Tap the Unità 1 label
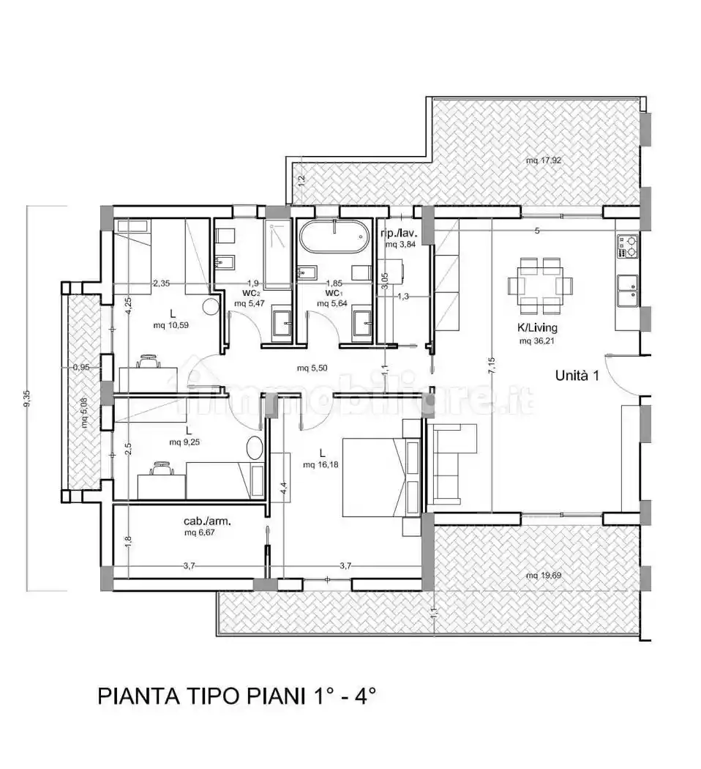577,376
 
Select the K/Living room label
538,328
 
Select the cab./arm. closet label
207,522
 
